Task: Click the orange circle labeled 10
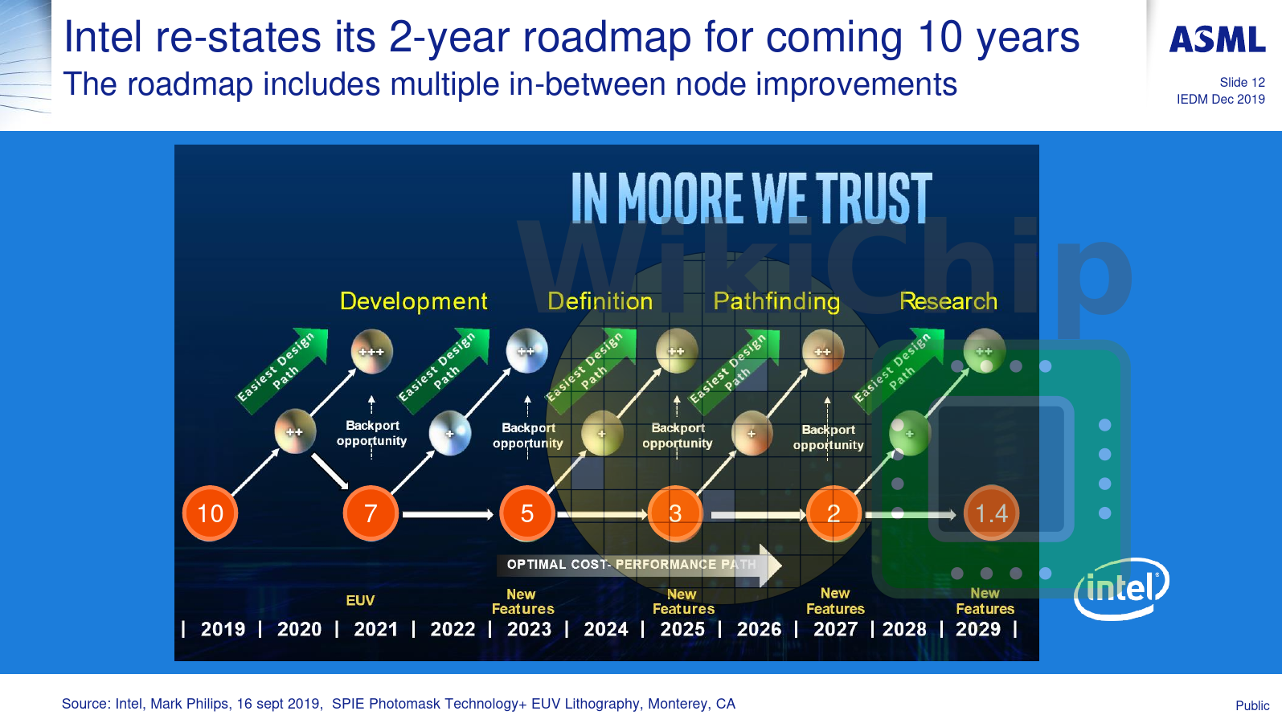(211, 513)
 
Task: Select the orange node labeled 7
(371, 513)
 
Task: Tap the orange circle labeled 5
(527, 513)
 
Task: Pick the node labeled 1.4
(991, 513)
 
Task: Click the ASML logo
(1217, 39)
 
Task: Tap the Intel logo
(1122, 589)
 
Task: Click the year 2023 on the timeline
(529, 629)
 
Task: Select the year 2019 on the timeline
(223, 629)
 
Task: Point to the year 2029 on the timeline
(978, 629)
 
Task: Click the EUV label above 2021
(360, 600)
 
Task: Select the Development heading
(413, 301)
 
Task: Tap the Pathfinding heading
(776, 301)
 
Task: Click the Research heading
(948, 301)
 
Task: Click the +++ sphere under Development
(372, 351)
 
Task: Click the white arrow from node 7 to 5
(447, 514)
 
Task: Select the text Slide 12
(1242, 82)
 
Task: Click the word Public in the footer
(1252, 705)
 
